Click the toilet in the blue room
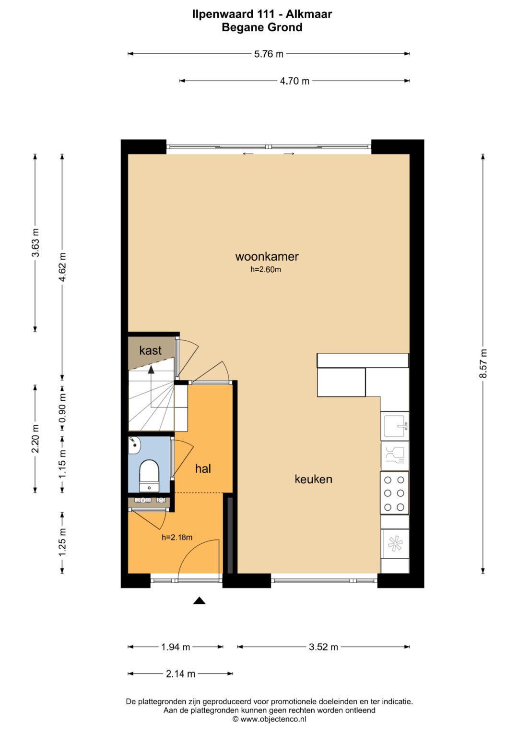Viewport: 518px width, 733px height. pos(149,476)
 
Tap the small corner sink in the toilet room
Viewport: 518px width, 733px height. pos(134,445)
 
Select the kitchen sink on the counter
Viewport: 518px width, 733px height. pos(395,426)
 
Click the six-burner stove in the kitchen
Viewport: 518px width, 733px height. pos(394,493)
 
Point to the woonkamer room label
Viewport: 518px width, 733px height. pos(267,256)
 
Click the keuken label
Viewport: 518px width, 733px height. pos(313,479)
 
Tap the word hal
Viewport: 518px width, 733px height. pos(203,469)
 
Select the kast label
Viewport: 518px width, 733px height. pos(150,350)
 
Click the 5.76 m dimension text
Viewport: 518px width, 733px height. pos(269,54)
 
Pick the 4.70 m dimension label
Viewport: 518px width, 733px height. pos(294,81)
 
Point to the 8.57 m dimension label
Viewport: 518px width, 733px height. pos(483,363)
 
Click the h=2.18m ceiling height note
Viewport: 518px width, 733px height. pos(177,537)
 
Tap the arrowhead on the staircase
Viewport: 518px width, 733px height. pos(151,370)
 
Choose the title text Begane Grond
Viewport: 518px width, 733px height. pos(262,27)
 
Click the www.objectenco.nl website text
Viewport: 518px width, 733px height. pos(273,719)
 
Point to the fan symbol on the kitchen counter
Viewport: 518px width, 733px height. pos(395,543)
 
